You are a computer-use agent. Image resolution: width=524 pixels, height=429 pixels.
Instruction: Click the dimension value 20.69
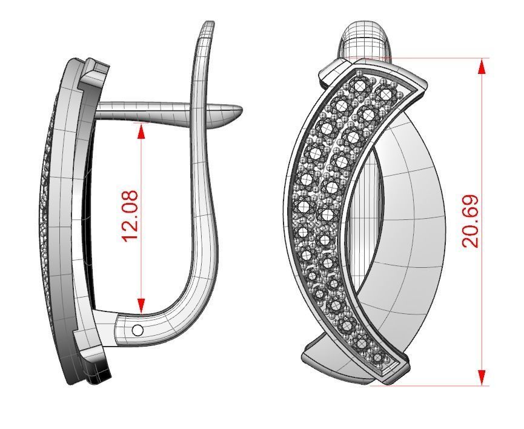pos(471,221)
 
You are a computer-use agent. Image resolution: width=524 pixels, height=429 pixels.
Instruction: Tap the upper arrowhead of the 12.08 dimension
pos(141,131)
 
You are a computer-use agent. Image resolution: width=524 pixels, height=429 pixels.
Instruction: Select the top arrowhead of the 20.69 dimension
pos(482,66)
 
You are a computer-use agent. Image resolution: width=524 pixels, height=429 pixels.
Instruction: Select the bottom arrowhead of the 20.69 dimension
pos(482,377)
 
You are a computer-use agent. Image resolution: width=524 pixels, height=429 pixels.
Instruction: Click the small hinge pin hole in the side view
pos(138,330)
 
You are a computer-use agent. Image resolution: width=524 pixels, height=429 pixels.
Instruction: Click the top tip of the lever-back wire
pos(208,25)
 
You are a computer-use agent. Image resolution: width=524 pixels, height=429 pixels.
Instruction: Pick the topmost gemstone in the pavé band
pos(362,85)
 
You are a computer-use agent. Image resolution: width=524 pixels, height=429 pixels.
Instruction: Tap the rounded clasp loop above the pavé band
pos(366,40)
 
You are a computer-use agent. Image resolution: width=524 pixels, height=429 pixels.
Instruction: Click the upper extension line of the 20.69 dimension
pos(424,59)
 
